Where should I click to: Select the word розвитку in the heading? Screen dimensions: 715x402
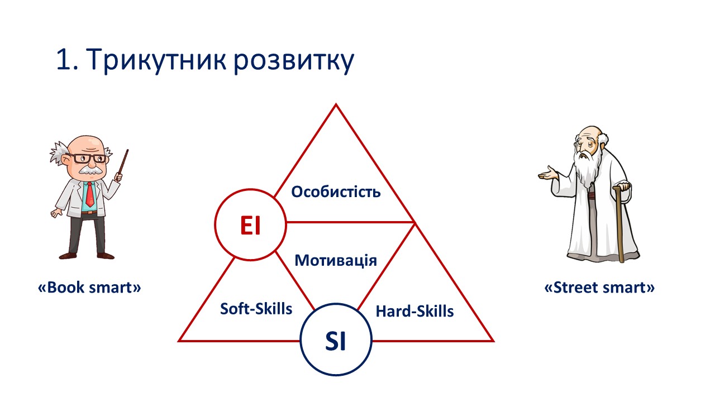click(294, 61)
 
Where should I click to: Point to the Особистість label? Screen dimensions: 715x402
click(336, 192)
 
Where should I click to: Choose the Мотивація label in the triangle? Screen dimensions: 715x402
click(336, 260)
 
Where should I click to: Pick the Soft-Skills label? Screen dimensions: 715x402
click(256, 309)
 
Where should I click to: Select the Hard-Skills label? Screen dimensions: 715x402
click(414, 311)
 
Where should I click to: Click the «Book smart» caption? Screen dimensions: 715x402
click(89, 287)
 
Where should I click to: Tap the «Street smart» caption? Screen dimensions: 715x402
click(599, 287)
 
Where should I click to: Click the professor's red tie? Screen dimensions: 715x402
click(90, 194)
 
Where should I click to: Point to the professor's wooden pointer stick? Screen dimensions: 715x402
click(123, 164)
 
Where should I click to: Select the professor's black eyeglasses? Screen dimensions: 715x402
click(86, 158)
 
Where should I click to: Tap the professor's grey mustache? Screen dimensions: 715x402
click(91, 170)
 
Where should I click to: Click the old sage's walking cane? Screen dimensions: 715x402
click(620, 223)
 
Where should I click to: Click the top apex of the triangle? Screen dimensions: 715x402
click(336, 104)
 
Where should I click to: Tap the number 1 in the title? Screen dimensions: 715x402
click(63, 59)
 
